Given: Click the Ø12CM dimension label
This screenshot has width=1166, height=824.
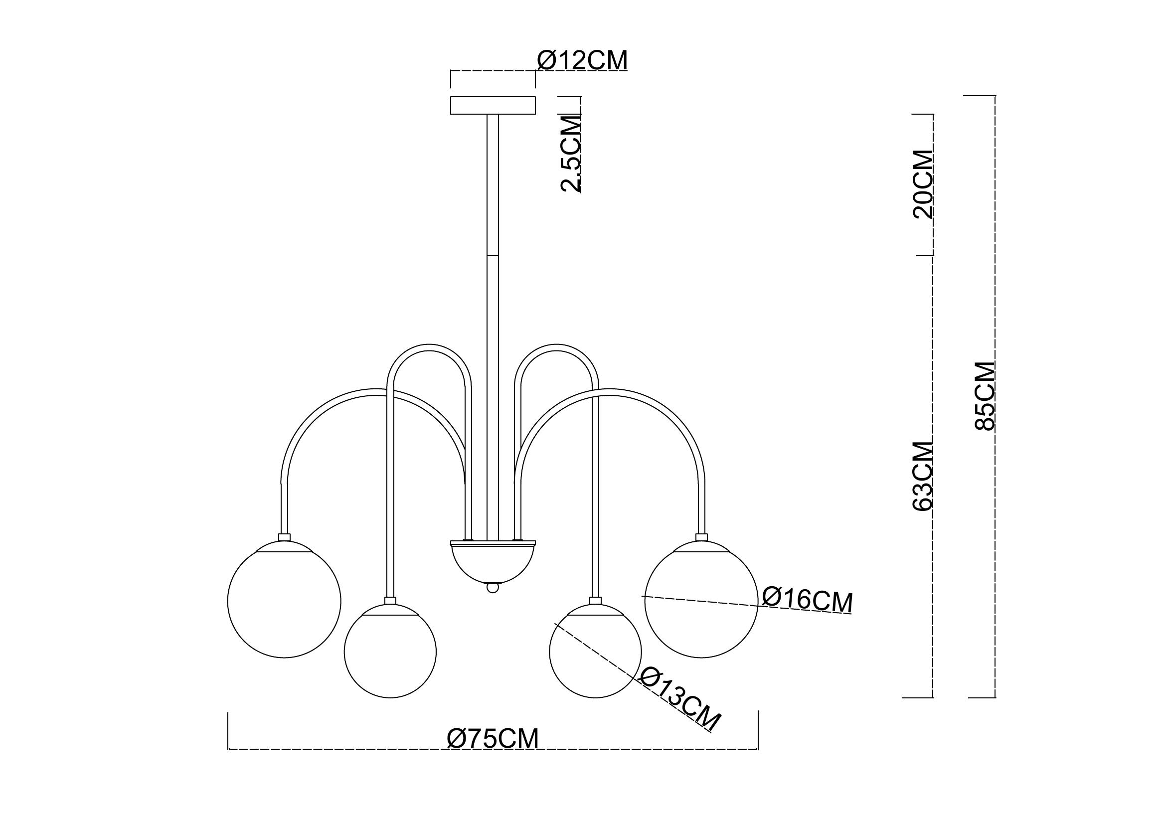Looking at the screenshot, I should click(x=582, y=61).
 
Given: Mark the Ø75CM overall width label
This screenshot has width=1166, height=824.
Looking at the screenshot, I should click(x=493, y=739).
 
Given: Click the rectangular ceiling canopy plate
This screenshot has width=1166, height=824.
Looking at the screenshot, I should click(x=493, y=105).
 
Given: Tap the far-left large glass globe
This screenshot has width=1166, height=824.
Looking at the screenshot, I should click(x=284, y=601).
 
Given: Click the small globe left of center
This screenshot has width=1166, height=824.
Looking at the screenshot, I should click(x=390, y=652).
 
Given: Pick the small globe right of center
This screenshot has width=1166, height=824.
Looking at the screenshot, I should click(x=595, y=652).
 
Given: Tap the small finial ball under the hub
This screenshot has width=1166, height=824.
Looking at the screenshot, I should click(x=492, y=587).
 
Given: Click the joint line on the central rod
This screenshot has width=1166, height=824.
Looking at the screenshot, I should click(x=493, y=255).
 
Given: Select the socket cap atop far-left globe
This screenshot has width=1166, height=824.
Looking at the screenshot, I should click(x=284, y=537).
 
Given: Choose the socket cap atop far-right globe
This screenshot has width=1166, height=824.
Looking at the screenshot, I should click(x=701, y=537).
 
